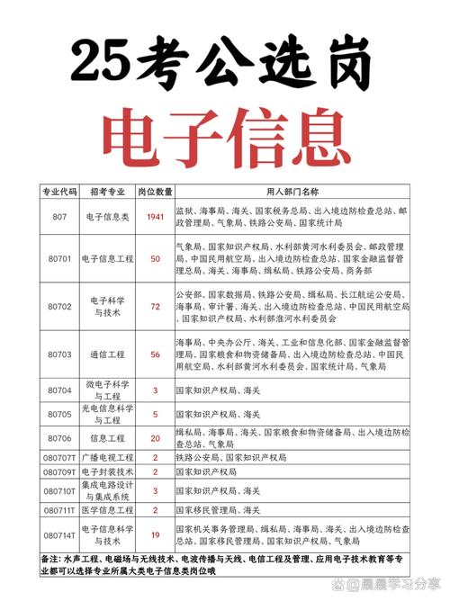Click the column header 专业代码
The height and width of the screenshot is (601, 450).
(60, 192)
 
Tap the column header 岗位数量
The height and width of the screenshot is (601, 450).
(155, 192)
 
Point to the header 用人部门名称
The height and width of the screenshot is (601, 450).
(292, 192)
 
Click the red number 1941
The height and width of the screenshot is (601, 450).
(155, 217)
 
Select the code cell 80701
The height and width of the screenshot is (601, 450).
(60, 258)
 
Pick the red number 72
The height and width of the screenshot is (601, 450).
(155, 306)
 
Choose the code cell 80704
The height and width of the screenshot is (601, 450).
(60, 390)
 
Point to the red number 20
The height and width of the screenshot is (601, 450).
(155, 438)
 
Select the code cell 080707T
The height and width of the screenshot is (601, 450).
(60, 458)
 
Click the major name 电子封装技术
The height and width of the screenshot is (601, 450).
(108, 471)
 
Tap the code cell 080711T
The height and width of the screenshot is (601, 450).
(60, 510)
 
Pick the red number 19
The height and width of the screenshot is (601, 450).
(155, 534)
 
